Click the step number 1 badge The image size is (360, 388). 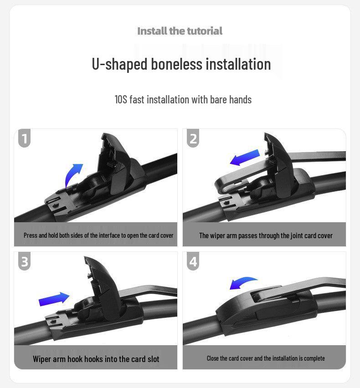(24, 138)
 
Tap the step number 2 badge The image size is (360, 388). (193, 138)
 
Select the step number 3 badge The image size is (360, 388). (24, 261)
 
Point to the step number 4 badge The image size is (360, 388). (193, 261)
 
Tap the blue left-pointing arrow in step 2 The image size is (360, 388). (245, 158)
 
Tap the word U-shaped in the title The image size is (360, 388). (119, 64)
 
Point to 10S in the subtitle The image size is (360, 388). (121, 100)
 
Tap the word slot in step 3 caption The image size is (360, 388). (153, 359)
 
